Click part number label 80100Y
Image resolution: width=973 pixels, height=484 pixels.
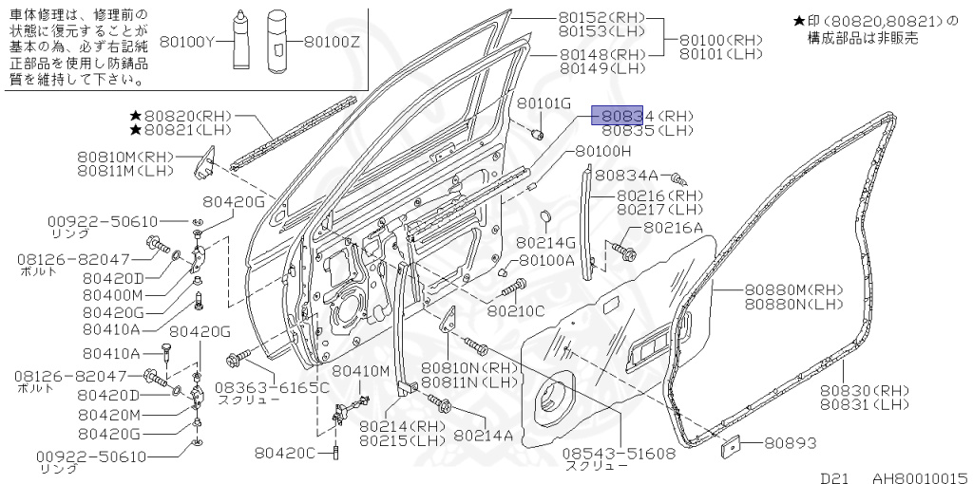coord(189,41)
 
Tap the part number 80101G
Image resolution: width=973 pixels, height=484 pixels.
coord(544,102)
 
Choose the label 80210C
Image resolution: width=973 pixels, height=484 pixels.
coord(516,309)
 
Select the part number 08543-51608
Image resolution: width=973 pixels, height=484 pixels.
coord(620,454)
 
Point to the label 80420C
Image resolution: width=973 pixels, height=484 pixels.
coord(284,453)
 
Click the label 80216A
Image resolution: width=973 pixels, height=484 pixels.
coord(673,228)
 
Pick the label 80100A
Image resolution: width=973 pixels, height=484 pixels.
coord(546,261)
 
